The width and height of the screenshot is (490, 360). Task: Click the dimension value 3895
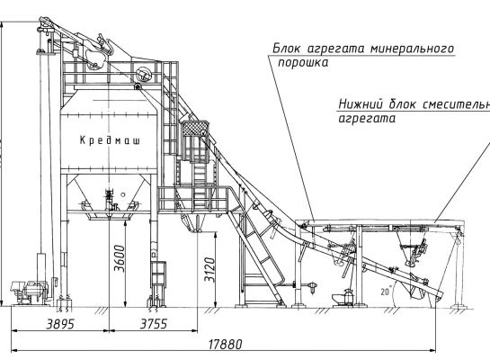[60, 324]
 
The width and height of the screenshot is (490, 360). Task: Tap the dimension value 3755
[154, 324]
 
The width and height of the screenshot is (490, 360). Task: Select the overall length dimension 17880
[225, 345]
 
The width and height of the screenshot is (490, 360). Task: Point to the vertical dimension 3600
[120, 258]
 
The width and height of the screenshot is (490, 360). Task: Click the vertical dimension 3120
[209, 270]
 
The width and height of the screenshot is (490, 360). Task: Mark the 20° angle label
[386, 292]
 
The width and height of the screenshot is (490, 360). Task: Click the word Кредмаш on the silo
[110, 140]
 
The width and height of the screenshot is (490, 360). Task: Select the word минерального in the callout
[413, 49]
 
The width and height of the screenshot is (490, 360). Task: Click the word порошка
[303, 63]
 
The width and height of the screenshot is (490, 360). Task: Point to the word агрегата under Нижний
[367, 119]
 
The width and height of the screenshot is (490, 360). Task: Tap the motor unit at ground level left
[30, 292]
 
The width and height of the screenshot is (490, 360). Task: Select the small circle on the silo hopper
[123, 194]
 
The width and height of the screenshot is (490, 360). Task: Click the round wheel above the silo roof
[144, 74]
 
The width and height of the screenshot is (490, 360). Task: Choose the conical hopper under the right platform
[408, 247]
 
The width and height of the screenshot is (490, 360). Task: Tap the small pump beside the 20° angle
[344, 298]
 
